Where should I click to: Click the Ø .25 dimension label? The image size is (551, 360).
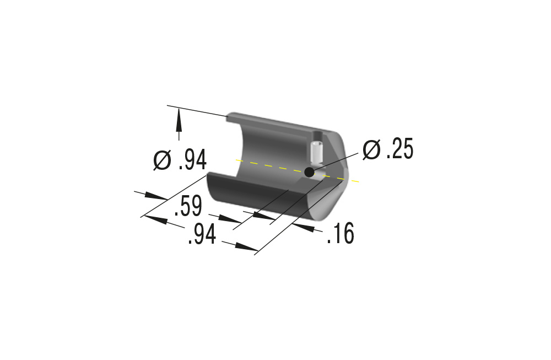(388, 149)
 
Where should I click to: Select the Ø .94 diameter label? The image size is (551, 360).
(180, 160)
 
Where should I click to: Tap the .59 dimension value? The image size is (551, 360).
(188, 206)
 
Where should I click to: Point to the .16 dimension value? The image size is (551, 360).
(340, 233)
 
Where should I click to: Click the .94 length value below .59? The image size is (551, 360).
(202, 234)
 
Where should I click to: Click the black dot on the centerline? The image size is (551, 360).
(309, 172)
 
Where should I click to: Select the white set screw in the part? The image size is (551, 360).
(317, 154)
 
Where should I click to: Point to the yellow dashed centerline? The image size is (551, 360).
(298, 170)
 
